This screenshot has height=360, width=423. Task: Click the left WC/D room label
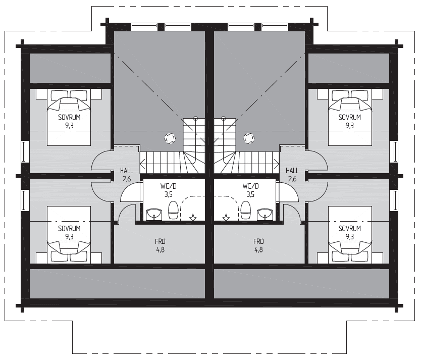168,186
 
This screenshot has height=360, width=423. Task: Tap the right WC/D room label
250,186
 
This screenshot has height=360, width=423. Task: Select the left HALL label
126,171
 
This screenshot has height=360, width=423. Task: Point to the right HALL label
292,171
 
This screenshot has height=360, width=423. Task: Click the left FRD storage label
160,241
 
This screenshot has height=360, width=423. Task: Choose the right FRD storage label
258,241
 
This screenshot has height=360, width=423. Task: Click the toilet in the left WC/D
173,210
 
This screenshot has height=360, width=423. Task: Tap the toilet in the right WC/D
246,210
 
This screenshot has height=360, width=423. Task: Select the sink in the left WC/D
154,214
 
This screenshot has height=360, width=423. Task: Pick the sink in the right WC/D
265,214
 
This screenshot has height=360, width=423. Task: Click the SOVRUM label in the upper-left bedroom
69,117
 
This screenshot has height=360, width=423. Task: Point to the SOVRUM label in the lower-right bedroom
350,228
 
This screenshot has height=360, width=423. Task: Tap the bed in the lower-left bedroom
69,235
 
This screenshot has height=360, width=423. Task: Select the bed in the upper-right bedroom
350,117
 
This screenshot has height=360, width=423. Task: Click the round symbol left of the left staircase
170,138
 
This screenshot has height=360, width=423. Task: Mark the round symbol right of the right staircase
249,138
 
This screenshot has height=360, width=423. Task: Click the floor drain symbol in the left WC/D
193,217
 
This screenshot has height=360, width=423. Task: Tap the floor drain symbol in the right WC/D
226,217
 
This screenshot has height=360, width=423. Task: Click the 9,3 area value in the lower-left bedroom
69,237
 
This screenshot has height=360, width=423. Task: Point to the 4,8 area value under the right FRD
258,249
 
